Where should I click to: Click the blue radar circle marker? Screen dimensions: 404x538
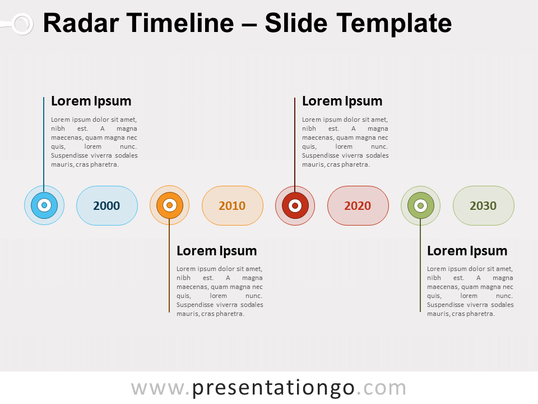click(x=44, y=205)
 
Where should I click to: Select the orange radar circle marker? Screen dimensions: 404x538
click(x=169, y=205)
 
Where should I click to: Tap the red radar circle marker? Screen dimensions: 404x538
click(x=295, y=205)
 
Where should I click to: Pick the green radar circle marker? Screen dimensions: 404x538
click(x=420, y=205)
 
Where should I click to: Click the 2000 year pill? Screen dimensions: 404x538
click(x=106, y=205)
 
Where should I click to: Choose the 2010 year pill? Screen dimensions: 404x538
click(x=232, y=205)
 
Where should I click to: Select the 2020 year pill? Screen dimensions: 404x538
click(x=358, y=205)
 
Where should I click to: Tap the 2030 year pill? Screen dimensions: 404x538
click(x=483, y=205)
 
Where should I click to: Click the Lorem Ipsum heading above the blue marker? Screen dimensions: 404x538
click(x=91, y=101)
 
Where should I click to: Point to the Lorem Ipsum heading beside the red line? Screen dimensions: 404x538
click(x=342, y=101)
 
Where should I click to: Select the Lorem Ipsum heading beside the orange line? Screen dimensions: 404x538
click(x=216, y=251)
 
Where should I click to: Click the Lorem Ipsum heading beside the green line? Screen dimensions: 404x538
click(x=467, y=251)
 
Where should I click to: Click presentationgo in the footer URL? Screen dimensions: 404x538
click(x=273, y=388)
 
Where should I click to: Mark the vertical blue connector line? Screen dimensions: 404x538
click(x=44, y=140)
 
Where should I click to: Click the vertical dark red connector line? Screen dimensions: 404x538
click(x=295, y=140)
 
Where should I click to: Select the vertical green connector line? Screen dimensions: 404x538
click(x=420, y=269)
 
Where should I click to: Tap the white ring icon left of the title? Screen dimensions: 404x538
click(x=22, y=24)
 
